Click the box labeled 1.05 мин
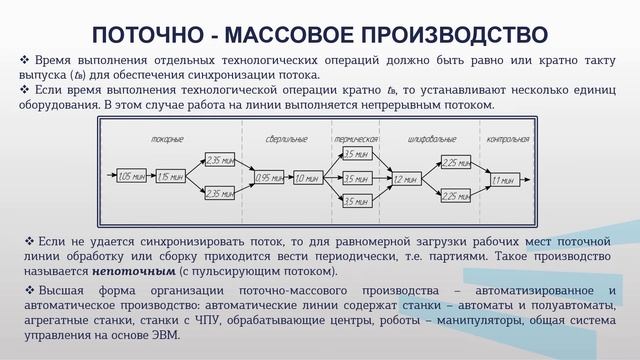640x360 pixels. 131,177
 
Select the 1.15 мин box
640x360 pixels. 170,177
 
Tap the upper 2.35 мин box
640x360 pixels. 219,159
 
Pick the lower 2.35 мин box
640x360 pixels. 219,194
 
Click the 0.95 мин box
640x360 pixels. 269,178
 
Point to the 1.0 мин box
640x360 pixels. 307,178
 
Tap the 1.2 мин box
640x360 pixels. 405,179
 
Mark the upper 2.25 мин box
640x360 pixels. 455,162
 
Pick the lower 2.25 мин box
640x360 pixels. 455,196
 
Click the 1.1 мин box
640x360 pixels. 503,179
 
